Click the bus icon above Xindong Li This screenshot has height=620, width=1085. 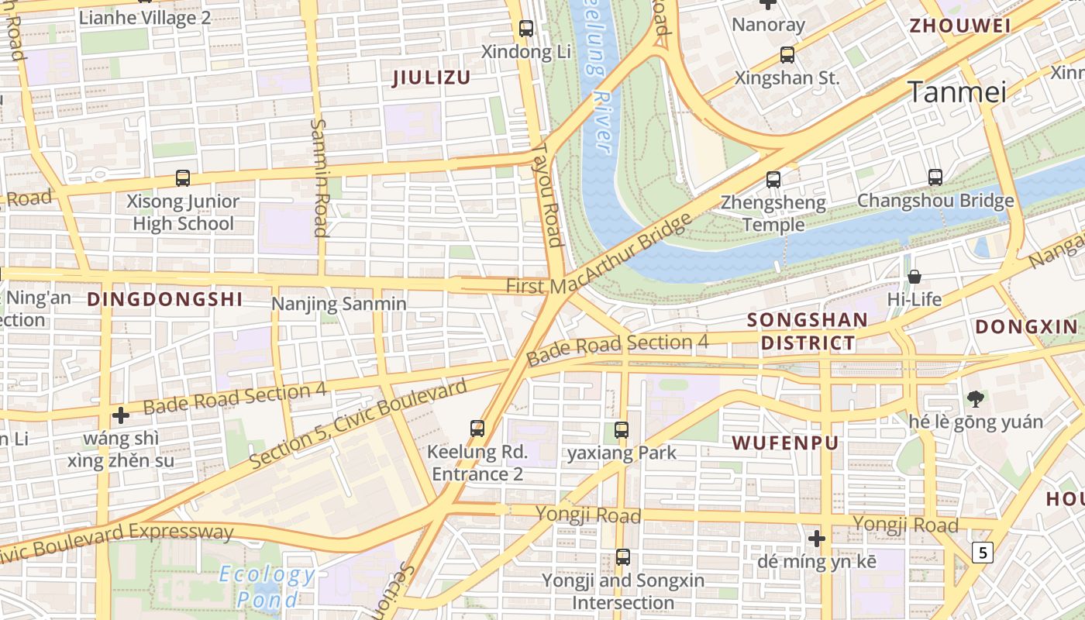(x=526, y=29)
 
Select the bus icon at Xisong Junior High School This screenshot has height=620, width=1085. (x=183, y=178)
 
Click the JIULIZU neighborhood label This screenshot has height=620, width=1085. (x=432, y=77)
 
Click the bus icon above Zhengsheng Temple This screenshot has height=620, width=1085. (x=773, y=180)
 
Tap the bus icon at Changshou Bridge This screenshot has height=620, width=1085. (x=935, y=177)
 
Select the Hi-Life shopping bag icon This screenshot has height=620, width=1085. (x=914, y=276)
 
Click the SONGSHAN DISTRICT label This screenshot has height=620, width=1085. (x=808, y=332)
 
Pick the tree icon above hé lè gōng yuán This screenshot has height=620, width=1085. (x=976, y=399)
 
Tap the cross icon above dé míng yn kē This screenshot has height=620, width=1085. (x=816, y=538)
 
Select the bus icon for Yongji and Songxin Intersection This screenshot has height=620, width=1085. (x=623, y=556)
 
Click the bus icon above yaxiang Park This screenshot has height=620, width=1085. (x=622, y=430)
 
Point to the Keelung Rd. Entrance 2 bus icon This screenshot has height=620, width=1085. (x=477, y=428)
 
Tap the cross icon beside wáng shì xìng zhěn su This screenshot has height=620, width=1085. (x=121, y=415)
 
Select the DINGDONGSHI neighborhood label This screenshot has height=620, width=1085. (x=164, y=299)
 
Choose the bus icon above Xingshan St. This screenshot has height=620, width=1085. (x=787, y=55)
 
